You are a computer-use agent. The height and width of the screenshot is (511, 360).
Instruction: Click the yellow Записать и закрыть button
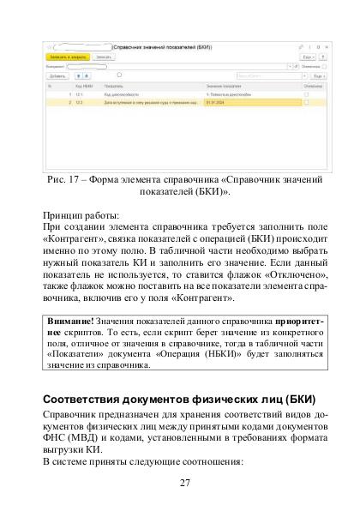pyautogui.click(x=64, y=56)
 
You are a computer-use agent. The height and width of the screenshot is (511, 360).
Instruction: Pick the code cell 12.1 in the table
pyautogui.click(x=79, y=94)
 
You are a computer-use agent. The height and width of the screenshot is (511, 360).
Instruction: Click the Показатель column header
pyautogui.click(x=114, y=86)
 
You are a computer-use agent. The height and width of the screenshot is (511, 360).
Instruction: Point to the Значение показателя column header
pyautogui.click(x=225, y=86)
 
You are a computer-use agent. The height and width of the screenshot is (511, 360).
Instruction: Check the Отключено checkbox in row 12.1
pyautogui.click(x=307, y=94)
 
